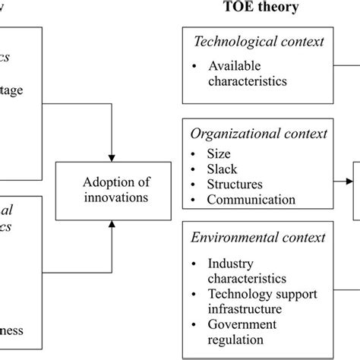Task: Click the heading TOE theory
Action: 261,9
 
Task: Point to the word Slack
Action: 223,168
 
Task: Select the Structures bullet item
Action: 235,184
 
